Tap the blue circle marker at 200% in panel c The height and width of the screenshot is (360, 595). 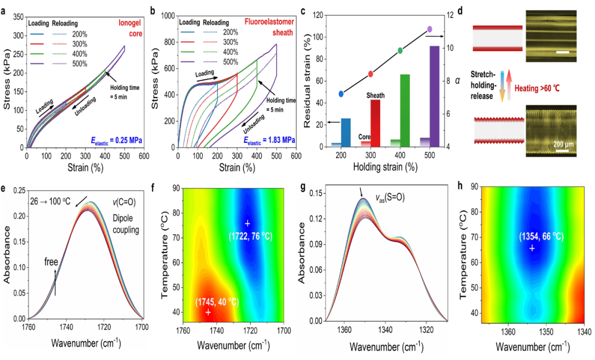[x=342, y=94]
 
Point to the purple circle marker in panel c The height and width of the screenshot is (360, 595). [x=430, y=29]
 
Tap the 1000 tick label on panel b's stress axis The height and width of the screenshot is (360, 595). [x=166, y=17]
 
